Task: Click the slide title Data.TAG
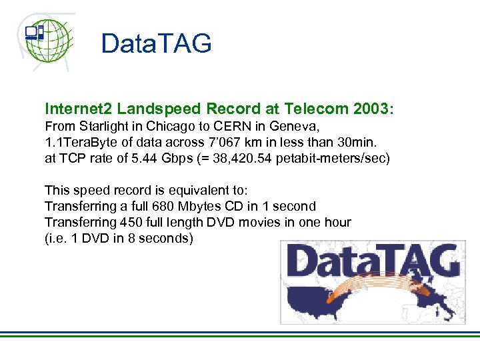coord(156,44)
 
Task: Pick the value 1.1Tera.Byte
coord(77,141)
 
